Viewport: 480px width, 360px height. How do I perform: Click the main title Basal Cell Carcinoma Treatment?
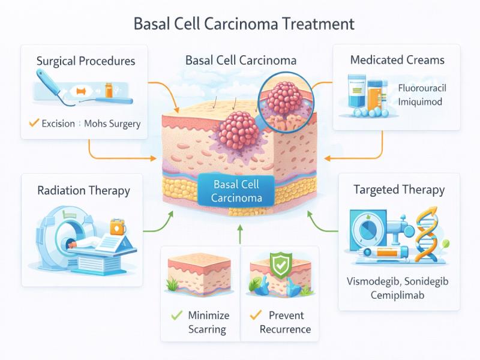(240, 25)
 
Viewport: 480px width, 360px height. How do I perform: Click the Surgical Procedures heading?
(86, 61)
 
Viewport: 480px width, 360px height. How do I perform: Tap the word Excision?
(58, 124)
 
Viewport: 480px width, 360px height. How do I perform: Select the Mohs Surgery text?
(112, 124)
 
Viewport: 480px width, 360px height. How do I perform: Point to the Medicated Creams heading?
(397, 60)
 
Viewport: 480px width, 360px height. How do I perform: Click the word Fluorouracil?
(422, 89)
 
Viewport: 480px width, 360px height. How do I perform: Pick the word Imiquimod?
(420, 102)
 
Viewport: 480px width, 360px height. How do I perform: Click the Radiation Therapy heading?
(83, 191)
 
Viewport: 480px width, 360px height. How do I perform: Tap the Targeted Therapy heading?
(399, 190)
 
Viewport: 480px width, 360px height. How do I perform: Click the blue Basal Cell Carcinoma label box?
(236, 191)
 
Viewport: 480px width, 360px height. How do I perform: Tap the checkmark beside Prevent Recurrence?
(255, 315)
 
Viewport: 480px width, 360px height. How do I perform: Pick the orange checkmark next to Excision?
(34, 124)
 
